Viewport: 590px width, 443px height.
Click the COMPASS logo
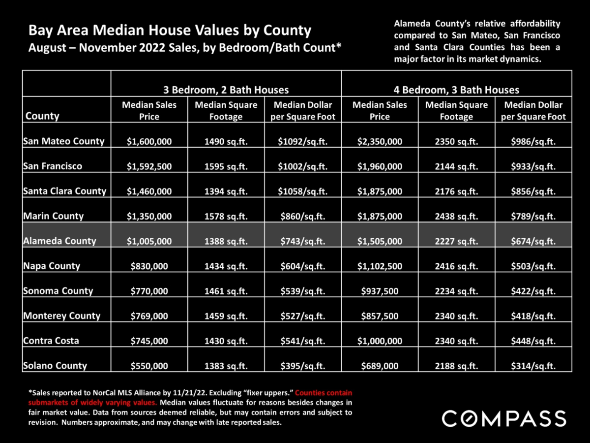pos(504,418)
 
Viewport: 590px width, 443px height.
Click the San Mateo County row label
pos(64,141)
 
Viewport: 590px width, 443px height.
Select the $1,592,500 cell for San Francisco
pos(149,166)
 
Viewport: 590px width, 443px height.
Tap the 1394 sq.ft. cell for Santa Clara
pos(226,191)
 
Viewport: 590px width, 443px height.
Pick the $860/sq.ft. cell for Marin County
pos(303,216)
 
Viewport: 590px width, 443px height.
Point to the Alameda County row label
pos(59,241)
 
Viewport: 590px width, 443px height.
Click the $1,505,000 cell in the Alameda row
pos(380,241)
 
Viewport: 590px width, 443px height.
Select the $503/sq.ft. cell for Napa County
pos(533,266)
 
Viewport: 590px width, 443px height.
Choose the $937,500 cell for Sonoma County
pos(380,291)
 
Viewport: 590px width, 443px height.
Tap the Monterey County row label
pos(62,316)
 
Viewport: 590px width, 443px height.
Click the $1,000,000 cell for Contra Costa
pos(380,341)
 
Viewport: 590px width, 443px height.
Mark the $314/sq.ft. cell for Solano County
pos(533,366)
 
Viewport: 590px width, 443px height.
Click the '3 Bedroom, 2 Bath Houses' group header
pos(226,90)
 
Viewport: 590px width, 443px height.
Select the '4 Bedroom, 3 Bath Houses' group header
pos(456,90)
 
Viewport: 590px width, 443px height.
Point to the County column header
pos(42,116)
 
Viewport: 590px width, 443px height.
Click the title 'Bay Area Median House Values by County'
pos(170,30)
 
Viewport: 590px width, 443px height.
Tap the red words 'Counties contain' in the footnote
pos(324,393)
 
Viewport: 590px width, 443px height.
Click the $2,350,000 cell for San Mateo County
pos(380,141)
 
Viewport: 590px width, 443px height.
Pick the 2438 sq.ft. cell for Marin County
pos(456,216)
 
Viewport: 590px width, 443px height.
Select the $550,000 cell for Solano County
pos(149,366)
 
